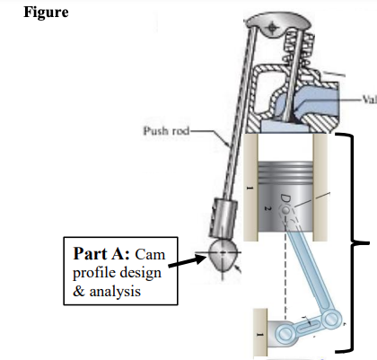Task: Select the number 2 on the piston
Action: tap(267, 205)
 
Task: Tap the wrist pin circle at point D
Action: tap(288, 212)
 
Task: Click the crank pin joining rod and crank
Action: tap(335, 316)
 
